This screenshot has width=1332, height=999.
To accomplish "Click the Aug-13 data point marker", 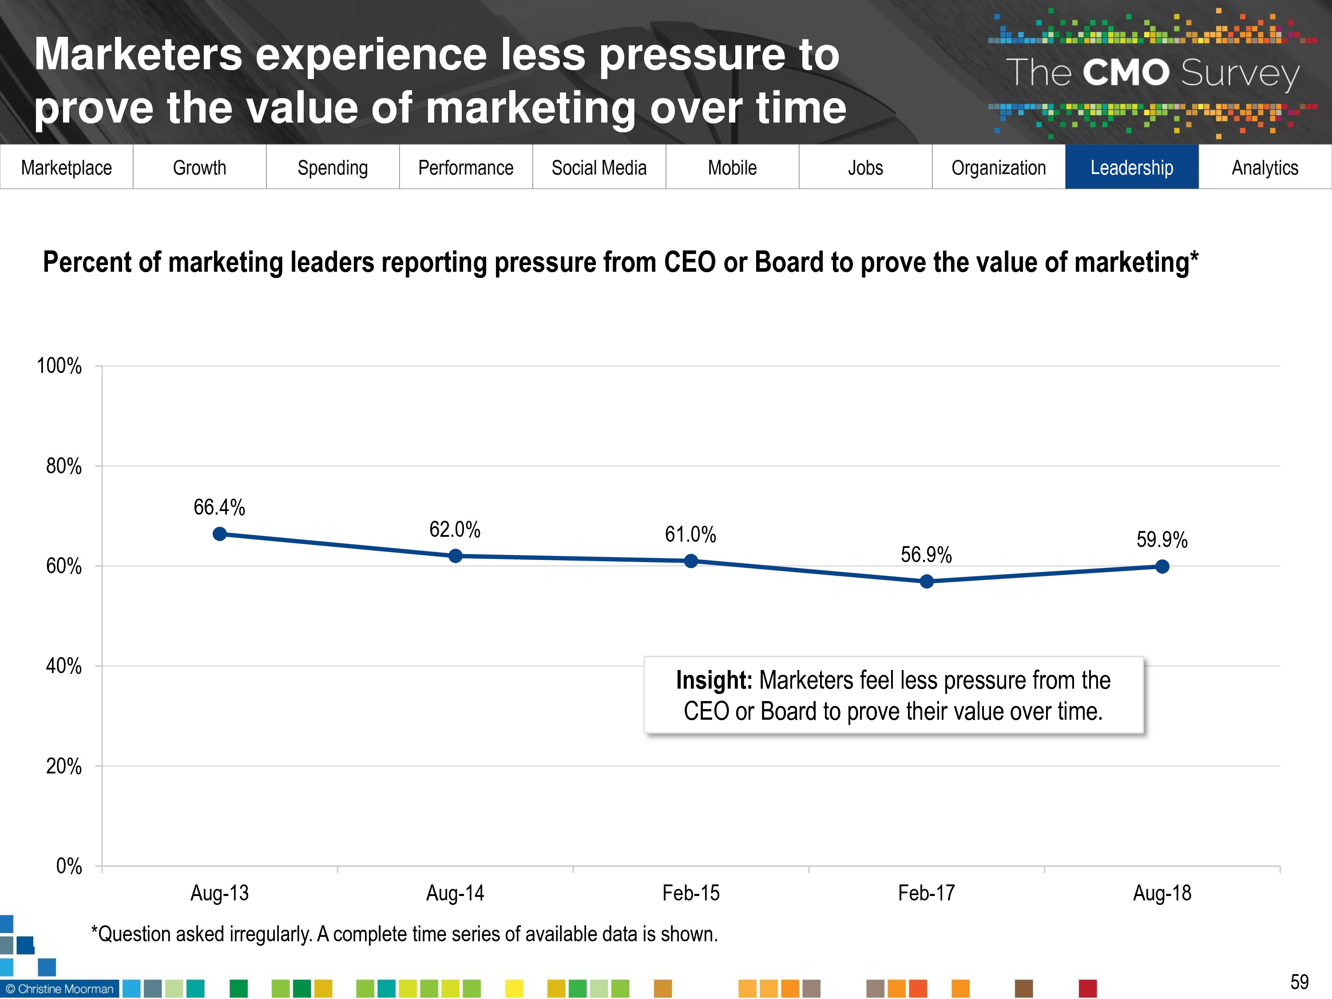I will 220,534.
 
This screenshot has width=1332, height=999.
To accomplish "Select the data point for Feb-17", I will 927,581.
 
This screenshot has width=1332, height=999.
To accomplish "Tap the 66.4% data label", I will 219,507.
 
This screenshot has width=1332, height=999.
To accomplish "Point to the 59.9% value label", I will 1162,539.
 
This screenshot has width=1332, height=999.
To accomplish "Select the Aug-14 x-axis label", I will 455,893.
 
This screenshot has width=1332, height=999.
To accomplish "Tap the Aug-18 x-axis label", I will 1162,893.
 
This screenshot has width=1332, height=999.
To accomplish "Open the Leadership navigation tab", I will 1131,167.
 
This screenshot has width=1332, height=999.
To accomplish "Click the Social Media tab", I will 599,167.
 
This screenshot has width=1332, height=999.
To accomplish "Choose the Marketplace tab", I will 66,167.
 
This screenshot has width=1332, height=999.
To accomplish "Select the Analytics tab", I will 1265,167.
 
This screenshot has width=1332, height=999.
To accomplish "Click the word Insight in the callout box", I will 714,681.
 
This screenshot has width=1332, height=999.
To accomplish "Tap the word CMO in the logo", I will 1126,73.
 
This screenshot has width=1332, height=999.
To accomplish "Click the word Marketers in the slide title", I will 139,54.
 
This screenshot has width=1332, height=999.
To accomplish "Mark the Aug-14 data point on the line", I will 455,556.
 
